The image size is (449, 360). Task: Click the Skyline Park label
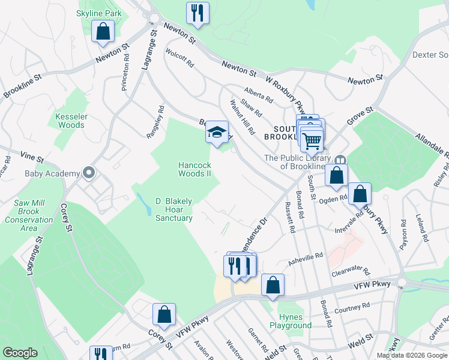[99, 13]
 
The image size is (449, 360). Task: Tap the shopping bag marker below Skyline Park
[103, 31]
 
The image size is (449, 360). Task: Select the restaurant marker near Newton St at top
[197, 12]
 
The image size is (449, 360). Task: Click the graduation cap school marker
[217, 133]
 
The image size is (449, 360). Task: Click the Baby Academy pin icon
[89, 173]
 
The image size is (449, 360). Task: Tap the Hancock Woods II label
[194, 169]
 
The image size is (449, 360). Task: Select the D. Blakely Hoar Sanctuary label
[174, 209]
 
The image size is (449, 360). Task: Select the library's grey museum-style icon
[341, 159]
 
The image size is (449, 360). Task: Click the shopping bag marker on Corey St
[164, 314]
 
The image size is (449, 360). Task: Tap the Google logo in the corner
[20, 353]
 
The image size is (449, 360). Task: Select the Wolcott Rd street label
[179, 58]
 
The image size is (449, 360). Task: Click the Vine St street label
[32, 158]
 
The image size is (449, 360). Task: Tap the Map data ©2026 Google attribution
[412, 355]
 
